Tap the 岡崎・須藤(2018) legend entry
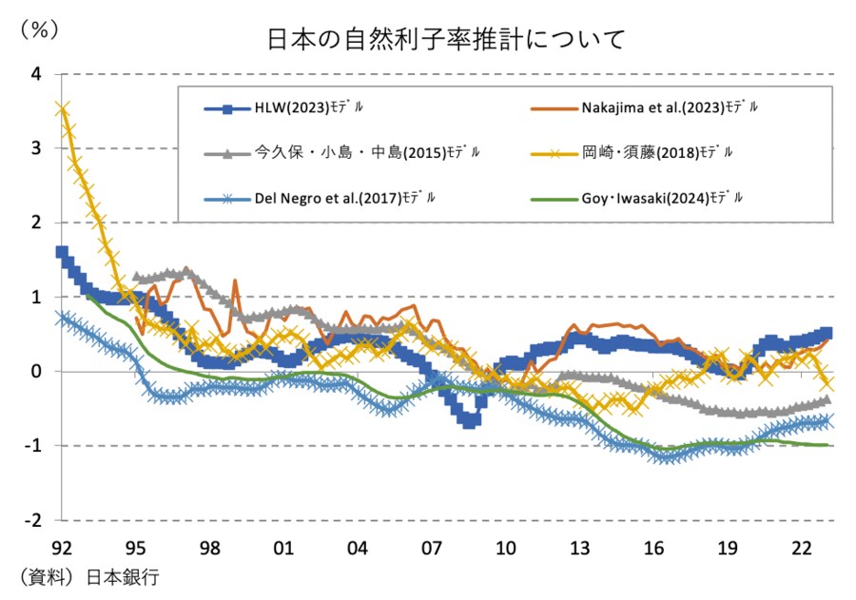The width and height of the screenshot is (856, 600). coord(656,152)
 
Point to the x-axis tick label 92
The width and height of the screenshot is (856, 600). coord(62,548)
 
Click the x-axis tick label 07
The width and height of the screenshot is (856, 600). coord(431,548)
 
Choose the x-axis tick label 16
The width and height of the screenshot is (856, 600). coord(653,548)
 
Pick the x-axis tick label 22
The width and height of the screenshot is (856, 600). coord(801,548)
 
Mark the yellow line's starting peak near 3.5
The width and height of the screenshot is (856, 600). coord(63,109)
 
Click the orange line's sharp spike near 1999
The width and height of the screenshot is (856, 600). coord(234,281)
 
